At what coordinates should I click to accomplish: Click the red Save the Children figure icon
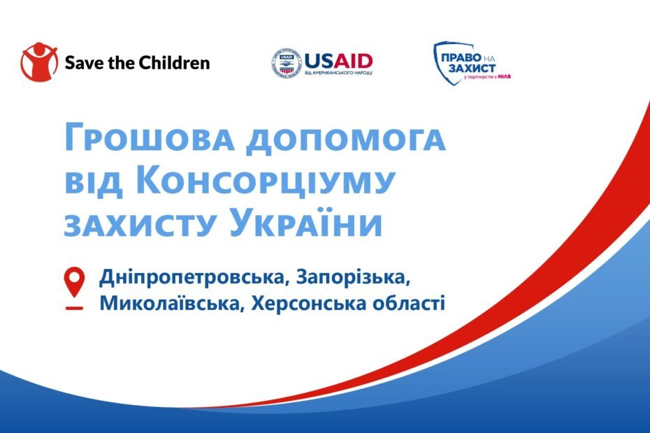click(x=39, y=62)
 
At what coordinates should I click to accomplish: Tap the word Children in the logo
click(x=175, y=63)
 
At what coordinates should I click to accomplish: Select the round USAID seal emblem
click(x=287, y=64)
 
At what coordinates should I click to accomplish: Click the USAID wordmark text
click(x=339, y=61)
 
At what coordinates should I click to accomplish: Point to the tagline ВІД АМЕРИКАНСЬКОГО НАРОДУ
click(x=339, y=73)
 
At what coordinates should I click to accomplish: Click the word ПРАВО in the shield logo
click(x=455, y=57)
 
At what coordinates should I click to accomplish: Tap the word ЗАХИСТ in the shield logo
click(x=472, y=68)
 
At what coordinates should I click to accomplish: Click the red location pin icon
click(x=75, y=288)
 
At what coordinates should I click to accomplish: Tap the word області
click(x=409, y=303)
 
